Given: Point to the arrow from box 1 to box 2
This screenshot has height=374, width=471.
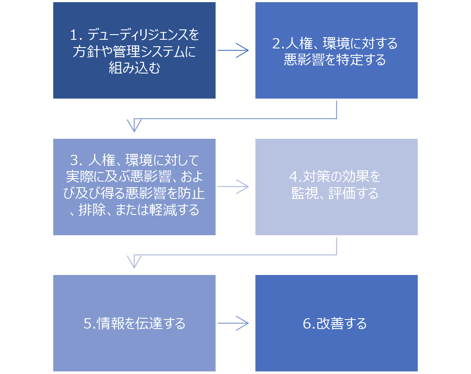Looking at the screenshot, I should tap(234, 51).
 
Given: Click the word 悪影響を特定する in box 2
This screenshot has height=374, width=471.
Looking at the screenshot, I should tap(335, 60).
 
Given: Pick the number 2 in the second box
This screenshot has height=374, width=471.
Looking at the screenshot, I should tap(276, 43).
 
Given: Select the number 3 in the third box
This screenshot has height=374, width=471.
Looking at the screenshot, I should tap(74, 160).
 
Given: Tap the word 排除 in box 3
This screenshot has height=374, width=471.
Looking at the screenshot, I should tap(91, 210).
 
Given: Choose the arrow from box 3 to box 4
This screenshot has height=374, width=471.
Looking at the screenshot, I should tap(234, 187).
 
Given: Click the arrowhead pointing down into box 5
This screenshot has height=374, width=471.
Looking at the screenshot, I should tap(134, 262).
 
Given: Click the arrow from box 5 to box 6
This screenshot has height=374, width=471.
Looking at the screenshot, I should tap(234, 323).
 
